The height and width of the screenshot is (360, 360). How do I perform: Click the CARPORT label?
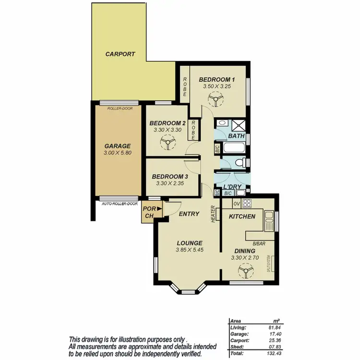click(x=120, y=54)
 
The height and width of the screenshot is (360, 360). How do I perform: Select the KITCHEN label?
click(x=241, y=217)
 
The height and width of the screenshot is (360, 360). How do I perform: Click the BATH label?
click(x=236, y=136)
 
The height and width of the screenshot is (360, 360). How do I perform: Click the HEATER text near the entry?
click(x=212, y=214)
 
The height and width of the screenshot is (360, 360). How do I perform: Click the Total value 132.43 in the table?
click(x=274, y=353)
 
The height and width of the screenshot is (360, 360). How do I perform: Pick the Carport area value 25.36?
click(x=276, y=340)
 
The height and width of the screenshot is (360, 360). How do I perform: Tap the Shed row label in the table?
click(x=236, y=347)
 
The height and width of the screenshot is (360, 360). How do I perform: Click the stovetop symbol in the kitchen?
click(x=248, y=203)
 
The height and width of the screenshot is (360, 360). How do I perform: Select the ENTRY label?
click(x=189, y=214)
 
